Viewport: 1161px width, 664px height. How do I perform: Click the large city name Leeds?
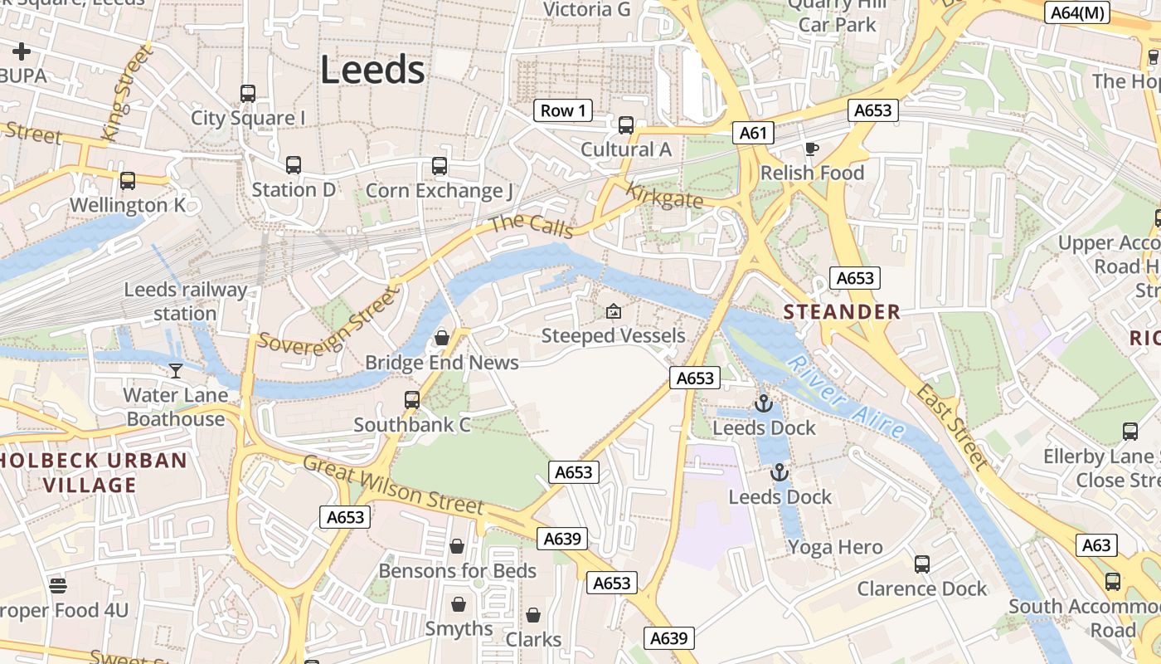pyautogui.click(x=372, y=70)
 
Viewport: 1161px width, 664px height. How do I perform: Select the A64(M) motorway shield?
pyautogui.click(x=1077, y=12)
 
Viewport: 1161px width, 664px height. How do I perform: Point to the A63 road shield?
pyautogui.click(x=1096, y=545)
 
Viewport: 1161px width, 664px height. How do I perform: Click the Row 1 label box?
pyautogui.click(x=562, y=110)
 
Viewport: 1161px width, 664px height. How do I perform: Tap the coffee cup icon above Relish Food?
pyautogui.click(x=811, y=149)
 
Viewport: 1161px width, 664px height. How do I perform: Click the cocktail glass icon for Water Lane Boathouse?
pyautogui.click(x=175, y=370)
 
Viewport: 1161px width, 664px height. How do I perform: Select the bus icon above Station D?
pyautogui.click(x=293, y=165)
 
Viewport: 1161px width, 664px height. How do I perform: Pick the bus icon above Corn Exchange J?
pyautogui.click(x=439, y=166)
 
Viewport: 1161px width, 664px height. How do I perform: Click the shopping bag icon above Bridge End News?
pyautogui.click(x=442, y=338)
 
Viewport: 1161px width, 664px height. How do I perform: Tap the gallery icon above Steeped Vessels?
pyautogui.click(x=613, y=312)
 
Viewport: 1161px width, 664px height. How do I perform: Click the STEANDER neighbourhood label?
pyautogui.click(x=842, y=312)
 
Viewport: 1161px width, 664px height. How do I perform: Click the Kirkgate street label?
pyautogui.click(x=664, y=196)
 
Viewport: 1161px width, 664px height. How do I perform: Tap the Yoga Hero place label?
pyautogui.click(x=835, y=547)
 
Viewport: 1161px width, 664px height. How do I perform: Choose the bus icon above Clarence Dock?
pyautogui.click(x=921, y=564)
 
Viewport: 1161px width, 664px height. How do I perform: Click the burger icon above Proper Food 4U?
pyautogui.click(x=57, y=586)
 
